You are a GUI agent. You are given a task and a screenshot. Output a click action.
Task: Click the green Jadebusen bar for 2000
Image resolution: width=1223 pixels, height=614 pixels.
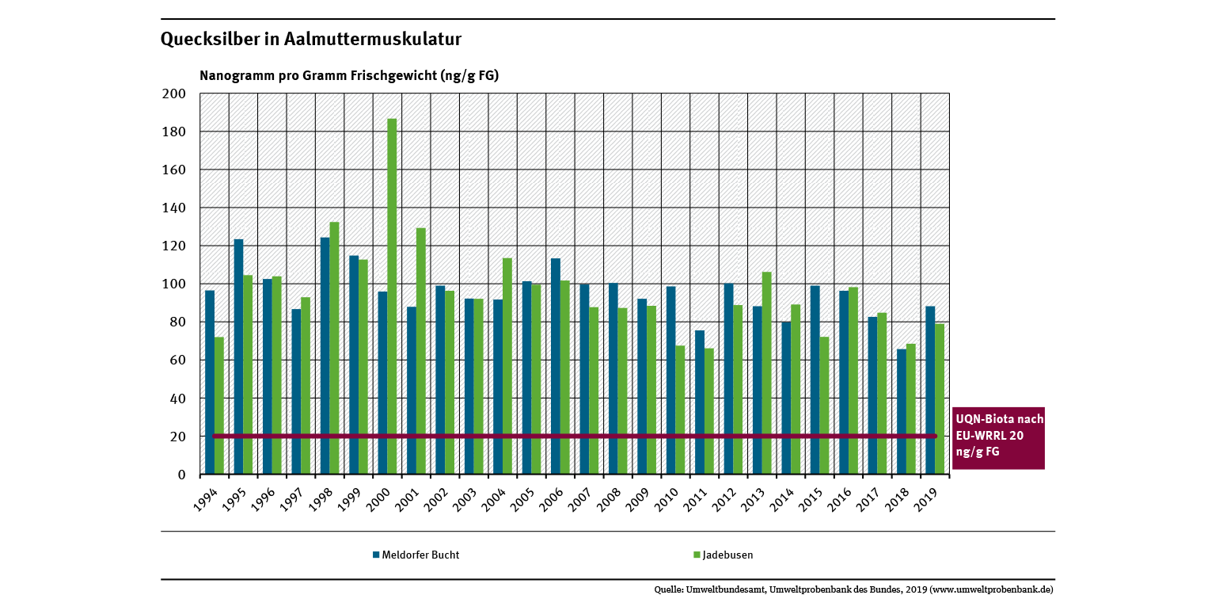(x=392, y=296)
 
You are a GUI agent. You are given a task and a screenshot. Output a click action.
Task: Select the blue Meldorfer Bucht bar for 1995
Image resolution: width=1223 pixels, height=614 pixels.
(x=238, y=357)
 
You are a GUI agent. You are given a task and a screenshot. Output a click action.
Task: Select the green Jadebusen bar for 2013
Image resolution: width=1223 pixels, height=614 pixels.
(x=766, y=373)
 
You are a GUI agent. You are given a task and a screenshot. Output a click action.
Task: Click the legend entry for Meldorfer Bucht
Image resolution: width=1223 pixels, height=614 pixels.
(x=416, y=555)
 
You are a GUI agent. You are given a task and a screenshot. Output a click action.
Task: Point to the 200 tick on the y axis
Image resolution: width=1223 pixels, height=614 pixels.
(x=173, y=93)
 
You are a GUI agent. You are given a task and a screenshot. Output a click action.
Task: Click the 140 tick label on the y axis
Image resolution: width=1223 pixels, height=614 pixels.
(x=173, y=208)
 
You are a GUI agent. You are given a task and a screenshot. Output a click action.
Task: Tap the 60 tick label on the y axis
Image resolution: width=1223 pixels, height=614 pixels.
(x=176, y=360)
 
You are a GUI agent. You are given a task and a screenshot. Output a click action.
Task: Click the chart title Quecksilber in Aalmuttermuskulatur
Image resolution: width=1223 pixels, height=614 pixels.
(x=311, y=39)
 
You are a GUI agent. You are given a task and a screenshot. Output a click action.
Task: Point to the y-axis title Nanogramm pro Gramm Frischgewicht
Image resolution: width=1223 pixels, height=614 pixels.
(x=349, y=76)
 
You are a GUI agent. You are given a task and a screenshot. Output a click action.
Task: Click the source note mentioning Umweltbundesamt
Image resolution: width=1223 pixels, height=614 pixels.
(x=853, y=589)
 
